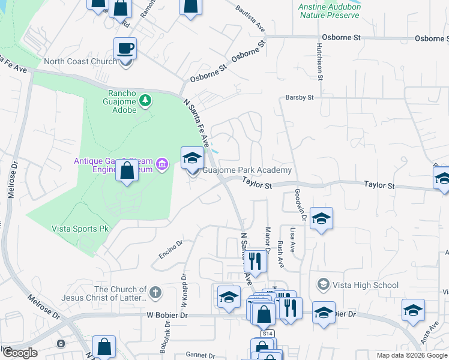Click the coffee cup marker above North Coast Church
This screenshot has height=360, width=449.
[x=125, y=48]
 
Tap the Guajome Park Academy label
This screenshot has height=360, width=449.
[x=247, y=170]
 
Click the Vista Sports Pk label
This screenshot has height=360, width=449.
[x=79, y=229]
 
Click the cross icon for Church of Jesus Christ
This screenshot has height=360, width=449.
[x=155, y=293]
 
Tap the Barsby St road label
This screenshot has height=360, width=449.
[x=300, y=97]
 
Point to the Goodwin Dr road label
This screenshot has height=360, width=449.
[x=298, y=206]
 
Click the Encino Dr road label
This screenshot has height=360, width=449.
[x=170, y=249]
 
